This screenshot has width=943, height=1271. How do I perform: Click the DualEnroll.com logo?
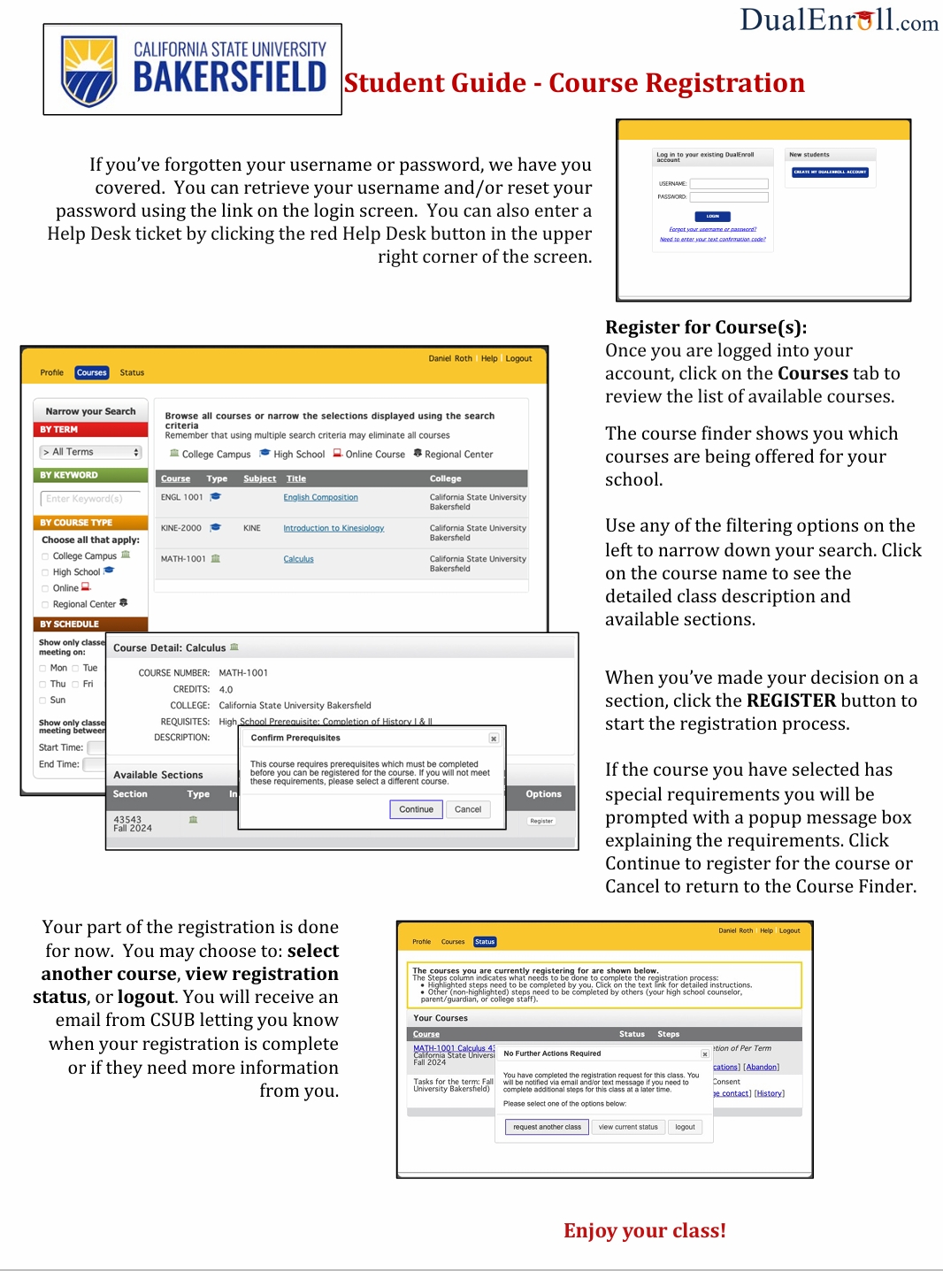tap(839, 19)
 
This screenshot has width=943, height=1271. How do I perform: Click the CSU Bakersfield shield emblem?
tap(88, 71)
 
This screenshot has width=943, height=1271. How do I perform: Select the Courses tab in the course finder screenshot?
tap(91, 372)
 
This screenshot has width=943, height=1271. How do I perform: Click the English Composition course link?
tap(320, 497)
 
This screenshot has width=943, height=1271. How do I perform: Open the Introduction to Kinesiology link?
tap(333, 528)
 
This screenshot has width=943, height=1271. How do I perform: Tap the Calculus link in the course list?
tap(298, 559)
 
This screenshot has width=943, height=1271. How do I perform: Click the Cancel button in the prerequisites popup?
tap(467, 809)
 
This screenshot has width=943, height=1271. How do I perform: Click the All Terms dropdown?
tap(91, 452)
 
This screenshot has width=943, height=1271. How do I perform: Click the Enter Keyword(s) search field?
tap(90, 499)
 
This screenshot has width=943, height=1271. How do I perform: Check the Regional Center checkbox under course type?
tap(45, 605)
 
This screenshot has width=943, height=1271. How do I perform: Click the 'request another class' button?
tap(547, 1127)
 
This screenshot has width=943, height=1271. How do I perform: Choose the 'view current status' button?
tap(628, 1127)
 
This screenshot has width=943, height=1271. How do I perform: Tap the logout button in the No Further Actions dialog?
tap(685, 1127)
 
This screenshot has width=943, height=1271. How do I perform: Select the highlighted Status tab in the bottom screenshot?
tap(485, 942)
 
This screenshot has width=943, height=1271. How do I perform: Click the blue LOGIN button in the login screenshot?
tap(712, 216)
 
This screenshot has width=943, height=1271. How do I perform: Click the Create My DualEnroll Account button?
tap(830, 172)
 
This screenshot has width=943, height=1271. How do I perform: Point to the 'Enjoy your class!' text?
tap(644, 1230)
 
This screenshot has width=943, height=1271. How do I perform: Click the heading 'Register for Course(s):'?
tap(705, 327)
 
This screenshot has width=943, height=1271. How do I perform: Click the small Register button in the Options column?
tap(541, 821)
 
